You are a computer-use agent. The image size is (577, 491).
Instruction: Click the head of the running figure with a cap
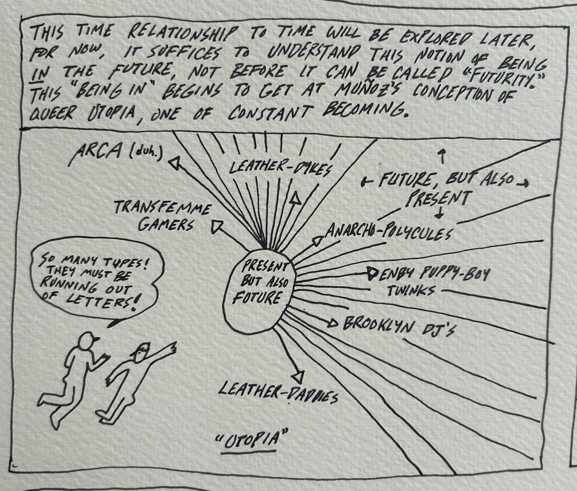point(87,343)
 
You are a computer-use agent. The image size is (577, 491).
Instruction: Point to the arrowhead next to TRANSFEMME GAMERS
point(218,226)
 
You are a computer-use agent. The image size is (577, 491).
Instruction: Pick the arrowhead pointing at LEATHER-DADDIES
point(298,377)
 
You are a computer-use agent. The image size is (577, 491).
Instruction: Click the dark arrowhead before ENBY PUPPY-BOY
point(372,275)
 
